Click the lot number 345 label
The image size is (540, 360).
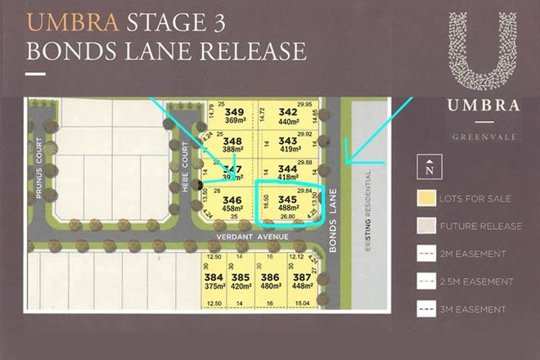(287, 199)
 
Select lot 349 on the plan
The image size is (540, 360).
(235, 111)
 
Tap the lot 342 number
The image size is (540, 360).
(288, 111)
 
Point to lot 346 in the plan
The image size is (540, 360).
(232, 199)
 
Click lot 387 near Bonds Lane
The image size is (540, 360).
(302, 277)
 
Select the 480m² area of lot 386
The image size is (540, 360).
(272, 287)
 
